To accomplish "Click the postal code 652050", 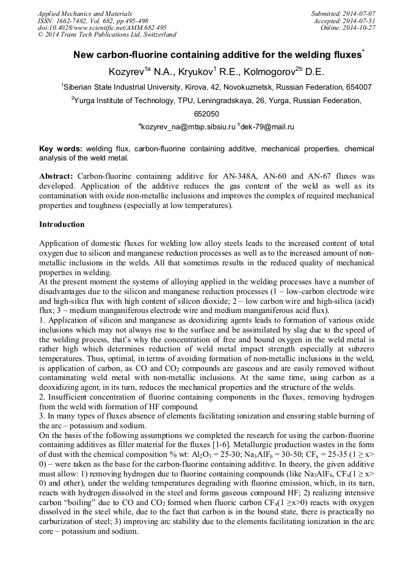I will [x=207, y=113].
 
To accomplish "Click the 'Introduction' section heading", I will [x=63, y=224].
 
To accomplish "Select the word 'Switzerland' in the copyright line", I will [x=156, y=35].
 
